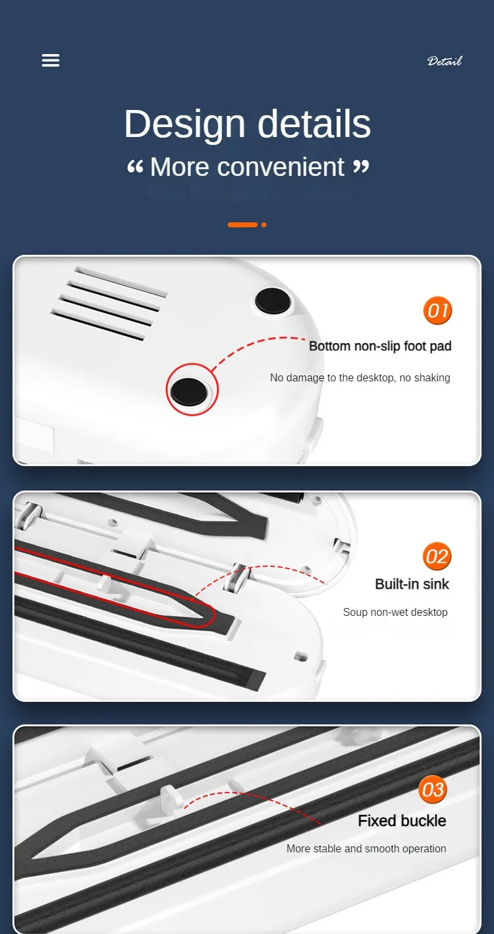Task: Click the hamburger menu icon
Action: (x=51, y=61)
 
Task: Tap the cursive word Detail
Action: (x=445, y=61)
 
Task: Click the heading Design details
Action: (x=247, y=124)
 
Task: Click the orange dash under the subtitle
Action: (x=242, y=225)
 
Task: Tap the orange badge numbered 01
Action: (x=437, y=311)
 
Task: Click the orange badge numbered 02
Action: (x=437, y=556)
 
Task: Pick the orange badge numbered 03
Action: (x=433, y=789)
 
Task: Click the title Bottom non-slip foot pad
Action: (x=380, y=346)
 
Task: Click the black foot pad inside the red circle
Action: (x=189, y=391)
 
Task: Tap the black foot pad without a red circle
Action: (x=273, y=300)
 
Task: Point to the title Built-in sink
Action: (x=412, y=584)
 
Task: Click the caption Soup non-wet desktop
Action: (x=395, y=612)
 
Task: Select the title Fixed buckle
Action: (x=402, y=821)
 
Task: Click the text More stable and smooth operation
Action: (x=366, y=848)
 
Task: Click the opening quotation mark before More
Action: (x=135, y=167)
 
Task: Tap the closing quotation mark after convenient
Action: (x=361, y=167)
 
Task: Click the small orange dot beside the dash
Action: (x=264, y=225)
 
